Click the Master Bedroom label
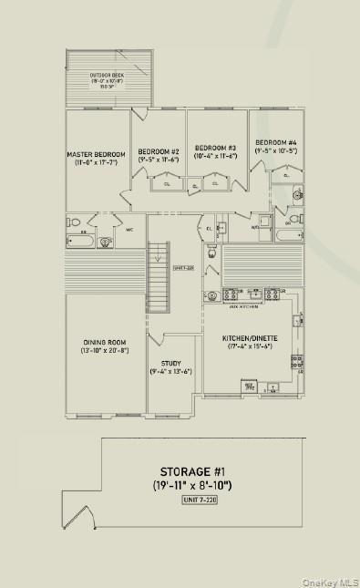click(x=96, y=155)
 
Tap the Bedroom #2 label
click(x=159, y=150)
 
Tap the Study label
click(x=170, y=363)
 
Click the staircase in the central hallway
click(x=159, y=278)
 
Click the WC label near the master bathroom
click(x=129, y=229)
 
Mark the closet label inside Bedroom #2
click(x=167, y=184)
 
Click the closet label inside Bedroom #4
click(x=286, y=175)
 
